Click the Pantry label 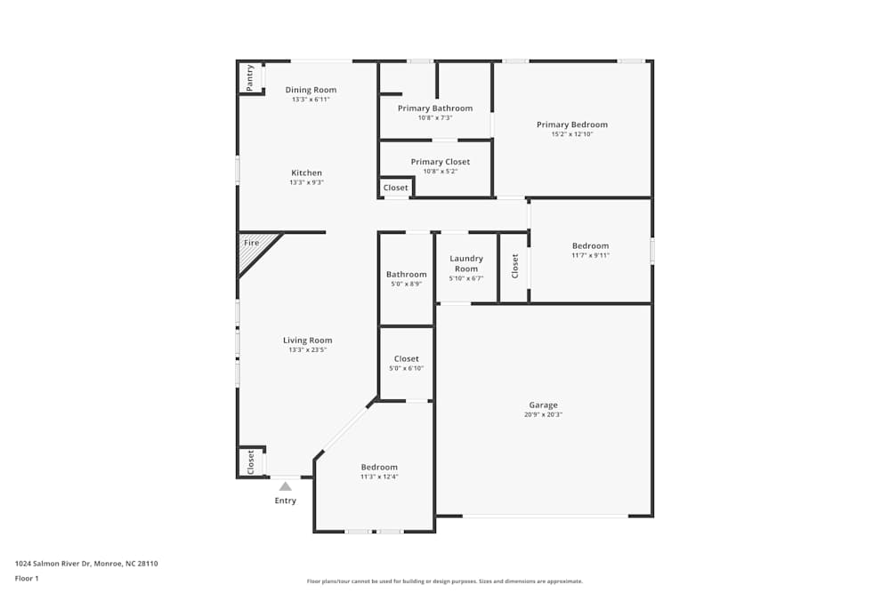pos(250,77)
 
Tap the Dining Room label pos(311,90)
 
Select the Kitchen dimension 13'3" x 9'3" pos(306,182)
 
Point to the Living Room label pos(308,341)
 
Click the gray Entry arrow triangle pos(286,486)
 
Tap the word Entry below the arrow pos(286,501)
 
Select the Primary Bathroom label pos(435,108)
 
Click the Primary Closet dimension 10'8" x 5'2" pos(441,172)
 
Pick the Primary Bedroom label pos(572,124)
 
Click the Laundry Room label pos(466,264)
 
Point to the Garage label pos(543,405)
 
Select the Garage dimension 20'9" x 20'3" pos(543,414)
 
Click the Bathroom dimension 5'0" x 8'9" pos(407,284)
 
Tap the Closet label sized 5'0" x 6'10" pos(407,359)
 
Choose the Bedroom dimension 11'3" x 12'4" pos(379,477)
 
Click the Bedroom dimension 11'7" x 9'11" pos(590,255)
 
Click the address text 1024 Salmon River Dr pos(53,564)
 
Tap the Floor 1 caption pos(27,578)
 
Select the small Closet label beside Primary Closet pos(396,188)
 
